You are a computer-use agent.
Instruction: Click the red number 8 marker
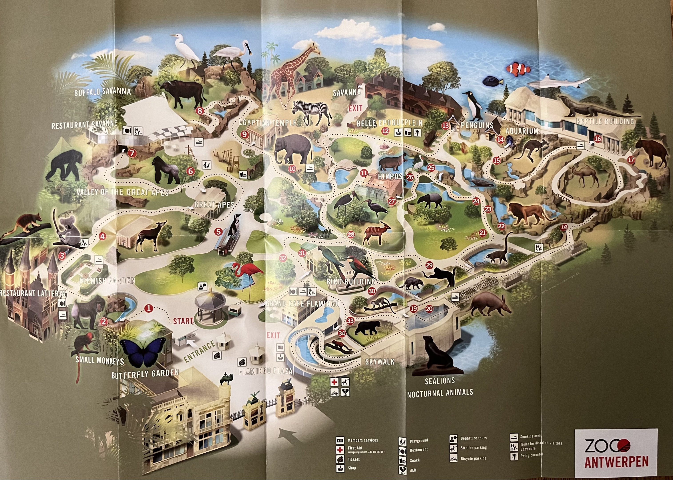click(x=200, y=111)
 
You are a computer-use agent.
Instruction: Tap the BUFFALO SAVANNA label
click(x=102, y=92)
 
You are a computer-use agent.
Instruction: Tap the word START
click(x=183, y=321)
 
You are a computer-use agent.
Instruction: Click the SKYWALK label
click(x=379, y=362)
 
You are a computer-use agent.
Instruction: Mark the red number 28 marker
click(x=351, y=235)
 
